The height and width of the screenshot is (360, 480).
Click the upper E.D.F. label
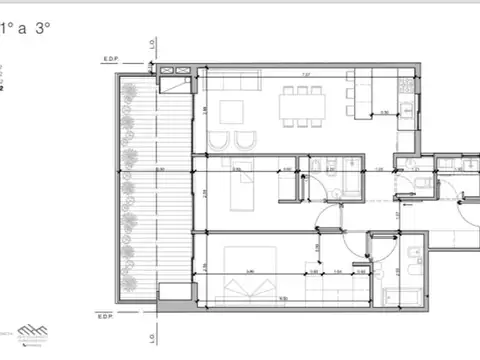coord(111,58)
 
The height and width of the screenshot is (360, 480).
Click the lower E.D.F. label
coord(108,316)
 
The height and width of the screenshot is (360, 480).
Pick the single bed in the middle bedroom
coord(242,186)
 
